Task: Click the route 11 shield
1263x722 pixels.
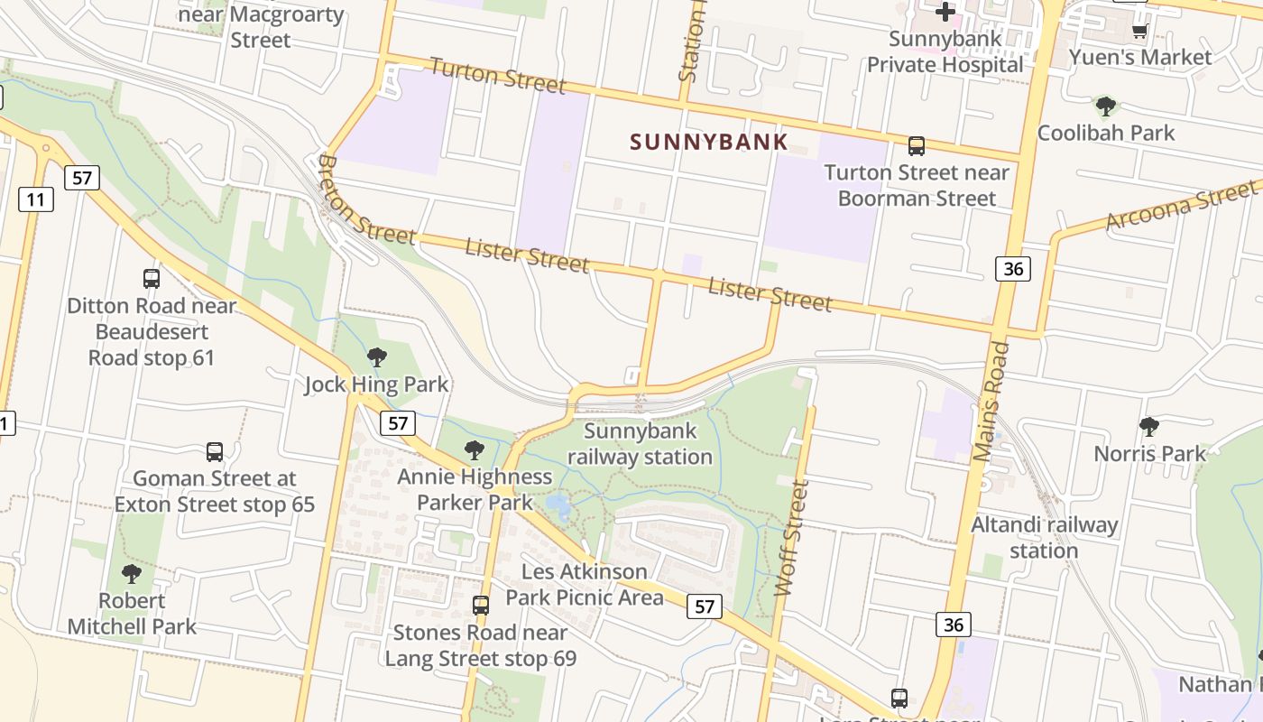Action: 35,199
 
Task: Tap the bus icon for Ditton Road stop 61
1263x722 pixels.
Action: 152,279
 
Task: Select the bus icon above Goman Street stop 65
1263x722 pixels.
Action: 215,451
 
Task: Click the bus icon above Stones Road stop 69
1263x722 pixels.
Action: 481,605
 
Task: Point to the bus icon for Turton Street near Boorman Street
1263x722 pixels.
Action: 917,145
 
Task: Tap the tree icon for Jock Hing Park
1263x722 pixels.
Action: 377,357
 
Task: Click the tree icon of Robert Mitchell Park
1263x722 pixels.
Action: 132,573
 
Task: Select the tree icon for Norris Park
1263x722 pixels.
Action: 1149,426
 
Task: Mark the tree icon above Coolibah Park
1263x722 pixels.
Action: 1106,106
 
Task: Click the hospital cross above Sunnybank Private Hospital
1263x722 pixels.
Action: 945,12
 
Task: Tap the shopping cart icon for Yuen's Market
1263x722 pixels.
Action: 1139,32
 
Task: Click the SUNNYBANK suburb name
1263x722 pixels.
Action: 709,142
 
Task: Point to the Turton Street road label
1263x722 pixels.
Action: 497,75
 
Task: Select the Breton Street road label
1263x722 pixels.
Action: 366,201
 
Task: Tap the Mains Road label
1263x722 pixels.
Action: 990,402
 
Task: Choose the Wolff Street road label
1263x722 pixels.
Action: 792,538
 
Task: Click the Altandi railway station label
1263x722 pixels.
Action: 1044,537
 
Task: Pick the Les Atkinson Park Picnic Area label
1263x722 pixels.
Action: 585,584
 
